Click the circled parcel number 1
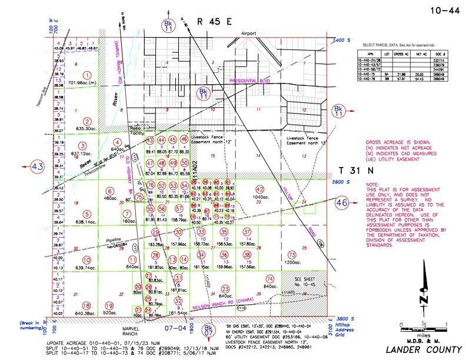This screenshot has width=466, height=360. click(x=87, y=75)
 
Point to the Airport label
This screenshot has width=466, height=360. click(x=249, y=34)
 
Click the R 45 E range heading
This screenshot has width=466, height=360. click(x=215, y=22)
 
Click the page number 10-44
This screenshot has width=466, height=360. click(x=442, y=9)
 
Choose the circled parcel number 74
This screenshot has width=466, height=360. click(x=270, y=278)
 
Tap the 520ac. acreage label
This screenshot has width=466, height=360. click(x=109, y=314)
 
